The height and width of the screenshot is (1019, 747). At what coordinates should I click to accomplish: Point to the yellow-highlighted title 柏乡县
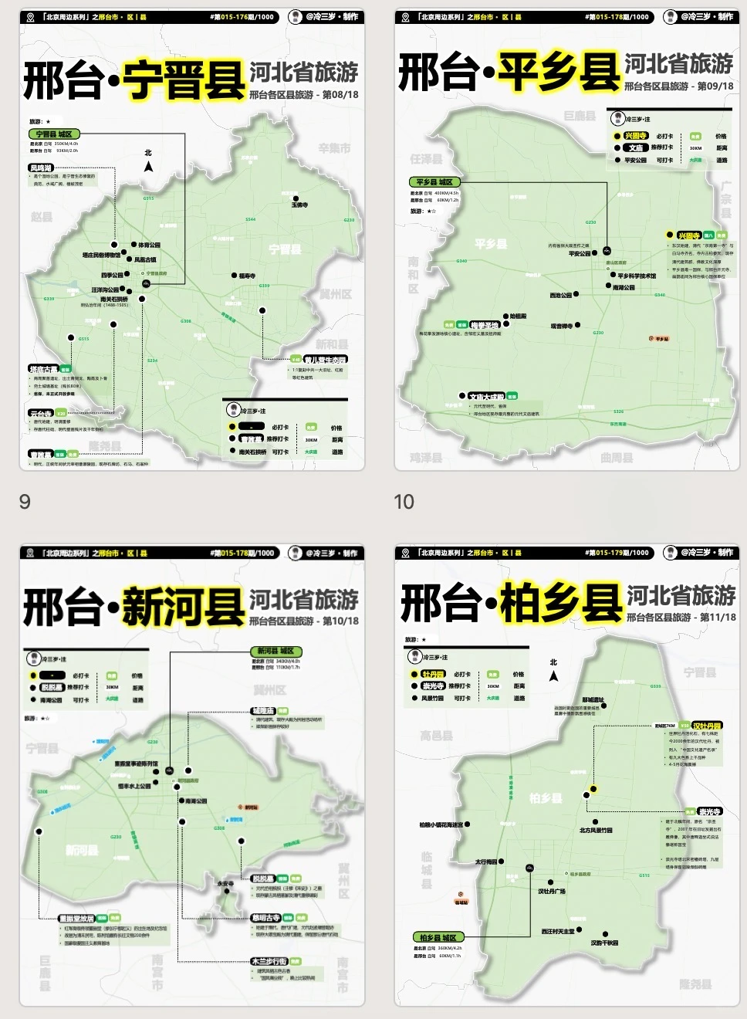click(561, 603)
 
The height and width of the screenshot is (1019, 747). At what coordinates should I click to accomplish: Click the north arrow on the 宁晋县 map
click(148, 166)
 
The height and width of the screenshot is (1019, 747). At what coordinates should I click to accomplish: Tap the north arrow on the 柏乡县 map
click(553, 675)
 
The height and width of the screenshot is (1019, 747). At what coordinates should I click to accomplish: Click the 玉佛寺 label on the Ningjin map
click(299, 205)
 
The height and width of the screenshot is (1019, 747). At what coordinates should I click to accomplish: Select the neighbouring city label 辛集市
click(334, 148)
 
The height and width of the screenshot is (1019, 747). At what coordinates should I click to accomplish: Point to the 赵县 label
click(42, 217)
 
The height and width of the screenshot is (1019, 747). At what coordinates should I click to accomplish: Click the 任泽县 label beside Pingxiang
click(426, 159)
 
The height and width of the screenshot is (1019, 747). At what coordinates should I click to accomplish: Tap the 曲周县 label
click(617, 458)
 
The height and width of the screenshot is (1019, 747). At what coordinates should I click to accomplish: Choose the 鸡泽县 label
click(425, 458)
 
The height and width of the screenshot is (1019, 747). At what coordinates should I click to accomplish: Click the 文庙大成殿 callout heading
click(486, 397)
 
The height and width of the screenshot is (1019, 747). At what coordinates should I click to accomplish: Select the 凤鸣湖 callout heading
click(41, 168)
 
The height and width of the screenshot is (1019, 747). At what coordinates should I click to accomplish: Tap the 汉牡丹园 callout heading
click(706, 726)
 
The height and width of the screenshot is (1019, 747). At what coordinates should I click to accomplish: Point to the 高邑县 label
click(436, 736)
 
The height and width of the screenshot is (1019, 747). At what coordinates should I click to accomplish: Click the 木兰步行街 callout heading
click(269, 961)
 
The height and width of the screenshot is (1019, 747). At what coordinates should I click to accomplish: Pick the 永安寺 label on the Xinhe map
click(225, 884)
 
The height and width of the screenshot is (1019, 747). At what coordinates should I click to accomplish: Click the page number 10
click(404, 502)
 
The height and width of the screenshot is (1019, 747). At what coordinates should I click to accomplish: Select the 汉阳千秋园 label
click(604, 943)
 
